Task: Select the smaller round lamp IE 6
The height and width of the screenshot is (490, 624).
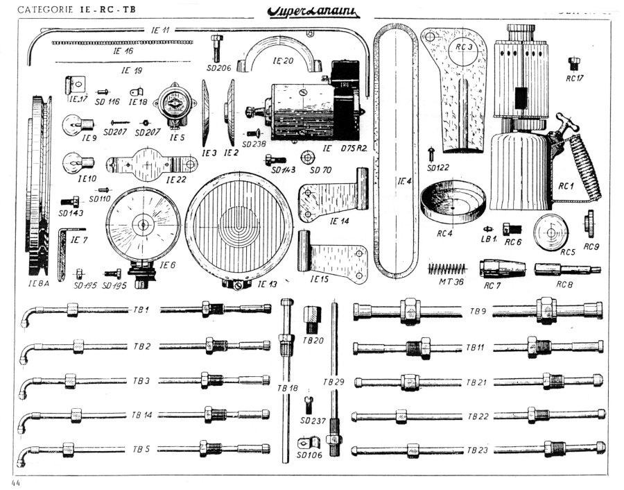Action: tap(144, 223)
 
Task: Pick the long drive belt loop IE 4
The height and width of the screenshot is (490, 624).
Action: tap(397, 153)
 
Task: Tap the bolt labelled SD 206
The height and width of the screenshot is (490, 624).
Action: tap(218, 47)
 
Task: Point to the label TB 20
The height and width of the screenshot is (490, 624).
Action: tap(313, 341)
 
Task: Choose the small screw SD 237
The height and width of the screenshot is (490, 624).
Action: tap(310, 403)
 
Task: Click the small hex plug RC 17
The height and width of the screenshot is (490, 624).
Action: tap(574, 65)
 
